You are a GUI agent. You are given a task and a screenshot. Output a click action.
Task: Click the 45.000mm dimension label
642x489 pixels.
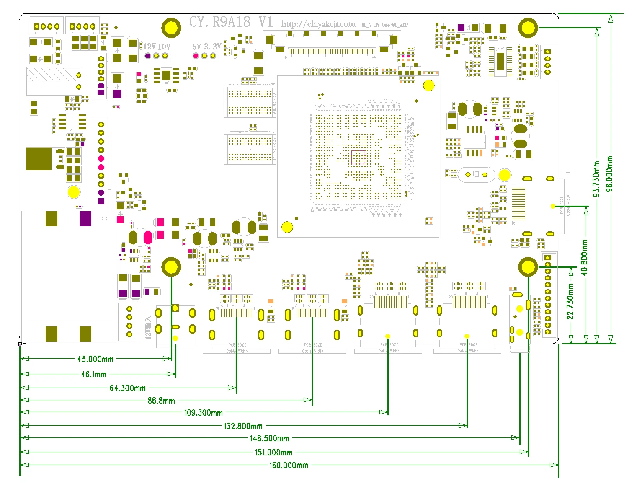pyautogui.click(x=95, y=359)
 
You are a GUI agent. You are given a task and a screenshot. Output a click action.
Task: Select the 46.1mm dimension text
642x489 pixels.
pyautogui.click(x=93, y=374)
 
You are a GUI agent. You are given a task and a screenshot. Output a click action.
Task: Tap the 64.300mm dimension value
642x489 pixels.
pyautogui.click(x=127, y=388)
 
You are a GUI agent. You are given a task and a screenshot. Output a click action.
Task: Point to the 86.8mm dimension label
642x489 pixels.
pyautogui.click(x=161, y=401)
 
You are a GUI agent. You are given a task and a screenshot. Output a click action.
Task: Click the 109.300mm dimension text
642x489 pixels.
pyautogui.click(x=203, y=413)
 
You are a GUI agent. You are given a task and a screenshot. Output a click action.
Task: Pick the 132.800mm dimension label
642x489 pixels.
pyautogui.click(x=243, y=426)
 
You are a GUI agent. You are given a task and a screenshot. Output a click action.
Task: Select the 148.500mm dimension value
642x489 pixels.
pyautogui.click(x=269, y=438)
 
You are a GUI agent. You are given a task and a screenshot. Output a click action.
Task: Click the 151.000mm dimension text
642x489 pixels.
pyautogui.click(x=273, y=453)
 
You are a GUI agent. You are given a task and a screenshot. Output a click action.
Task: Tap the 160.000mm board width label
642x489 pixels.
pyautogui.click(x=289, y=465)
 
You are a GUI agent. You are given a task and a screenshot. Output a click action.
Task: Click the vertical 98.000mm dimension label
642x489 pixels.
pyautogui.click(x=610, y=174)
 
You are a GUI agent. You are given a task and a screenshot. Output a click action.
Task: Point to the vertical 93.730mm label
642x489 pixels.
pyautogui.click(x=596, y=179)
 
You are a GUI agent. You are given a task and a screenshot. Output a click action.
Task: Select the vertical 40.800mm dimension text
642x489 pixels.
pyautogui.click(x=585, y=258)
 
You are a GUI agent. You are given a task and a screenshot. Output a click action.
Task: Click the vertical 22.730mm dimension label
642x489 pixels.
pyautogui.click(x=570, y=302)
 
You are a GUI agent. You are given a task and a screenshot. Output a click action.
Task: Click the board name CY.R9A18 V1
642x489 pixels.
pyautogui.click(x=231, y=22)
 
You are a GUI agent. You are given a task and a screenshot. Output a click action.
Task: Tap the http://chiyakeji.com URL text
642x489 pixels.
pyautogui.click(x=318, y=24)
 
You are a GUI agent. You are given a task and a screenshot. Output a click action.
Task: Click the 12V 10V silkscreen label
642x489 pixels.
pyautogui.click(x=157, y=47)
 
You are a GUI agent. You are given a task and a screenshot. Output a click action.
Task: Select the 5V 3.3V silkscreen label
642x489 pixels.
pyautogui.click(x=206, y=47)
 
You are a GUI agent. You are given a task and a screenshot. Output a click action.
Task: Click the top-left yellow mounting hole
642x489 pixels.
pyautogui.click(x=171, y=28)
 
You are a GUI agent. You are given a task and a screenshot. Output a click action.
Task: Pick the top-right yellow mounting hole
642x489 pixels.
pyautogui.click(x=528, y=28)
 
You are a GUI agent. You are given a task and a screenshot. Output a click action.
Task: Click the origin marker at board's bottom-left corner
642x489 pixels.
pyautogui.click(x=20, y=344)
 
